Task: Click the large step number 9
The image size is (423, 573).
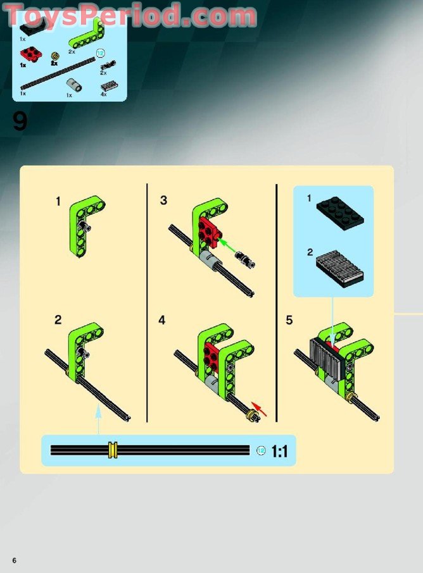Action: pyautogui.click(x=20, y=121)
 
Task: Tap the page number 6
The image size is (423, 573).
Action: pyautogui.click(x=13, y=560)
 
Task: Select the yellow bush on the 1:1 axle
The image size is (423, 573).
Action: pyautogui.click(x=113, y=450)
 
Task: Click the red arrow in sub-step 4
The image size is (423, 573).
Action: pyautogui.click(x=260, y=409)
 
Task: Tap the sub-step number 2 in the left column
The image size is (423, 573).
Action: pyautogui.click(x=58, y=320)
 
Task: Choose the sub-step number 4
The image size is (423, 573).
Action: pyautogui.click(x=162, y=320)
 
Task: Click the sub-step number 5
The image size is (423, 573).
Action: pyautogui.click(x=289, y=320)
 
